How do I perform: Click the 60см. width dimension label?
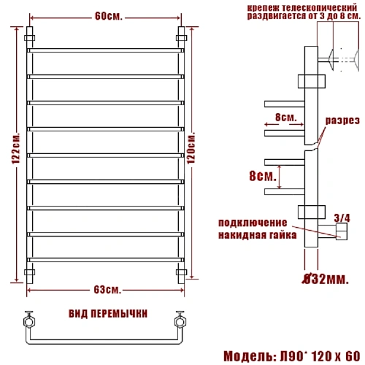108,16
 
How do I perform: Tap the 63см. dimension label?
107,290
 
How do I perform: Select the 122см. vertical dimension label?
16,148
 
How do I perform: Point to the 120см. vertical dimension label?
191,148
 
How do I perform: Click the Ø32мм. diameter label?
325,280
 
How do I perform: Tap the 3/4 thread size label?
342,218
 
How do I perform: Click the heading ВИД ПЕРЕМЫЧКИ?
108,314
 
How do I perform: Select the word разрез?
342,120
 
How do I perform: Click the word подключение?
253,223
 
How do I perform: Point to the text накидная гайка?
258,235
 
